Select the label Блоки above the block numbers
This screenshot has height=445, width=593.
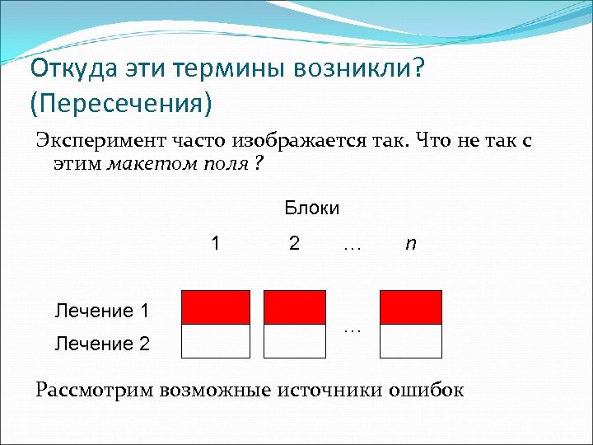(x=311, y=208)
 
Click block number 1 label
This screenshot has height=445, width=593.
(x=215, y=244)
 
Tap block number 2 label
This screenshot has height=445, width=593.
(x=294, y=244)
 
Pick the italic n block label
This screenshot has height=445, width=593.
(x=410, y=244)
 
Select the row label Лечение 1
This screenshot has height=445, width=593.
(x=101, y=311)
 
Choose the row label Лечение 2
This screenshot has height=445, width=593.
(x=101, y=344)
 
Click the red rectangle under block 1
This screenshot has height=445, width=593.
(x=215, y=307)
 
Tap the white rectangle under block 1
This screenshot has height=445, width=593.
(x=215, y=341)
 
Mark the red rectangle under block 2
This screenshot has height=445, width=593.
(x=295, y=307)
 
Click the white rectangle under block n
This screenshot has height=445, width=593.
(x=411, y=341)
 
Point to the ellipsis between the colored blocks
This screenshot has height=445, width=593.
(x=352, y=329)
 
